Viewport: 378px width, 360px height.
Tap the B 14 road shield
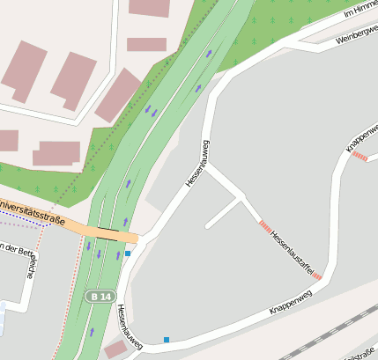point(100,297)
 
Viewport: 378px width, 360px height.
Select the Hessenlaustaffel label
point(292,251)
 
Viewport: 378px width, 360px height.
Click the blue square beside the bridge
point(128,253)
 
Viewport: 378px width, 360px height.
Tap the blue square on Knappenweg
point(166,340)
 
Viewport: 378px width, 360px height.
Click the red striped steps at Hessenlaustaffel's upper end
point(264,225)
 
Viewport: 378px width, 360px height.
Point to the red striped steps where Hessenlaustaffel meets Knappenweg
point(317,276)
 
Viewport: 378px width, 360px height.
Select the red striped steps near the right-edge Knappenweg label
point(359,157)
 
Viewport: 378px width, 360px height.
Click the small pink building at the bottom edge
point(115,349)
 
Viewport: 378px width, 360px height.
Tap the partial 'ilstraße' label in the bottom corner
point(359,355)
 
